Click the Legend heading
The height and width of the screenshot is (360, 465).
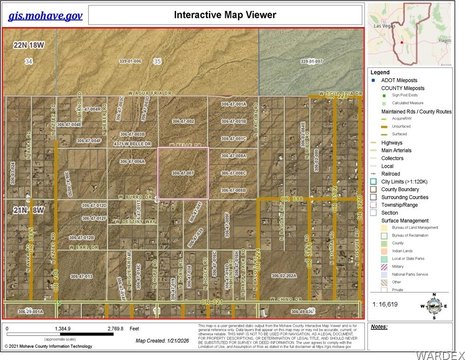click(x=381, y=72)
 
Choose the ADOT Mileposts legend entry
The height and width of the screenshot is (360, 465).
click(x=400, y=80)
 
